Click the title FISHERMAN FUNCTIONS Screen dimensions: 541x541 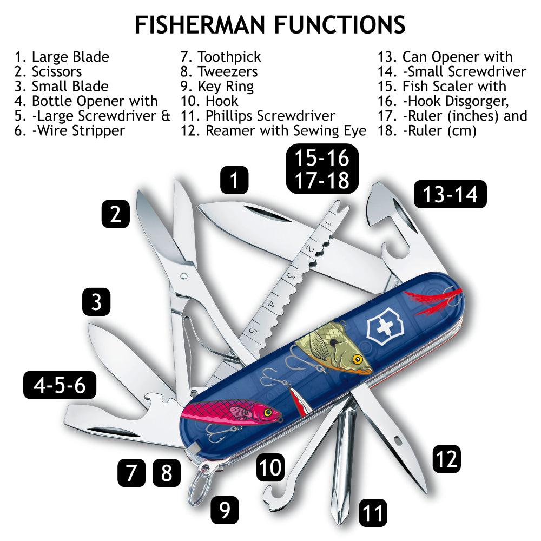270,24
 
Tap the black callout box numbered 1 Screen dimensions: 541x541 234,180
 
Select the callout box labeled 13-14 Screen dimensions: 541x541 450,194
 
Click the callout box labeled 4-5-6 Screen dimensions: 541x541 60,386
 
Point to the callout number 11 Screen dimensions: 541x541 372,512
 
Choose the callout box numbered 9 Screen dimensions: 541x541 225,509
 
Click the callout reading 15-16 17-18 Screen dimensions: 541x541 322,168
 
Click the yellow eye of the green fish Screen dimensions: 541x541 357,359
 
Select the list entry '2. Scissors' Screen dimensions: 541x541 48,71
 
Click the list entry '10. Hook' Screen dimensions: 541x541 209,101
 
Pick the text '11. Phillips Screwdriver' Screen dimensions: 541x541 257,115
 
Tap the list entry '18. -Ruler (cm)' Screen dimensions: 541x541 427,130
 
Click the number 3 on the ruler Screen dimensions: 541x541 290,275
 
